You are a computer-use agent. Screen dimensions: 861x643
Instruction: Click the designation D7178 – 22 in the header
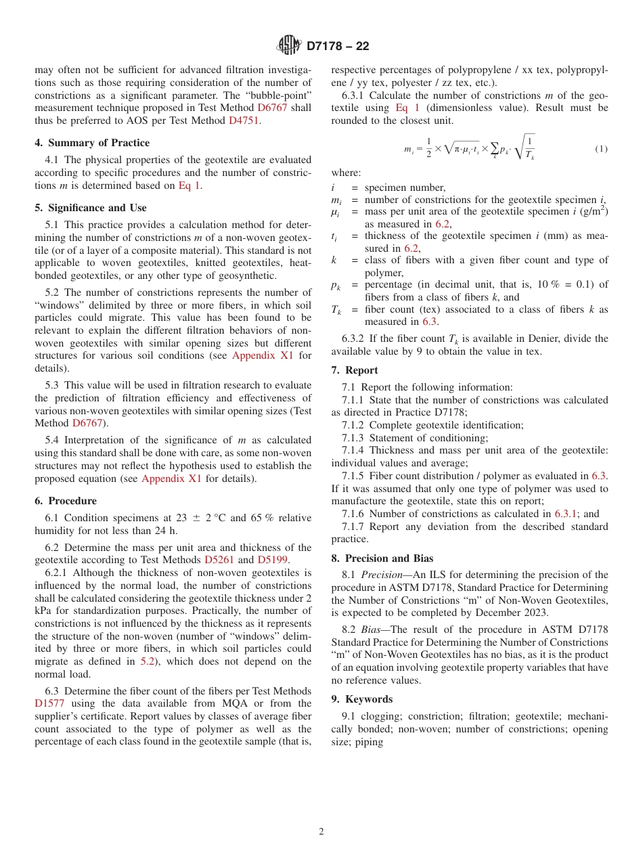338,47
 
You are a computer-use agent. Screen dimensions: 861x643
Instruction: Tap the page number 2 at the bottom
321,832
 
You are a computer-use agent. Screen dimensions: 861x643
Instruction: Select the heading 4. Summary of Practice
93,143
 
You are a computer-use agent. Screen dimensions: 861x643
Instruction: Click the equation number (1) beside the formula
601,149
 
